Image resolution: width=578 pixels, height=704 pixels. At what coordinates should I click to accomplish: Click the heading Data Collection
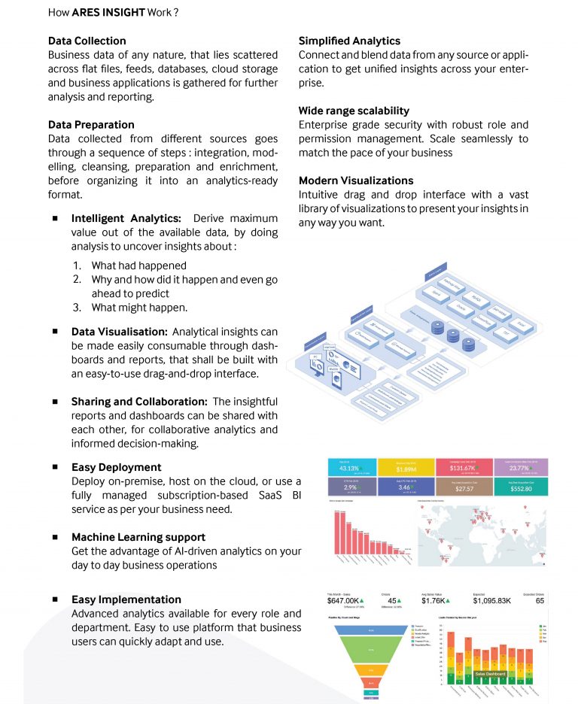click(x=87, y=41)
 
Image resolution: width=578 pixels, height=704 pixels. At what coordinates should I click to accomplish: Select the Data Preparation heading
click(x=91, y=125)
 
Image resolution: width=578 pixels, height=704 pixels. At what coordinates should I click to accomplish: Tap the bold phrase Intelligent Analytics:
click(x=126, y=219)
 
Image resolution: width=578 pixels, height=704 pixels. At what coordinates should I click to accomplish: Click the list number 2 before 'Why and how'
click(x=77, y=280)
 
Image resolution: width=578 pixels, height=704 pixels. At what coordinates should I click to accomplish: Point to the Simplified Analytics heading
click(x=349, y=41)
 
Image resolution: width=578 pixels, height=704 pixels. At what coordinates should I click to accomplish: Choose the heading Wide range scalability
click(x=354, y=111)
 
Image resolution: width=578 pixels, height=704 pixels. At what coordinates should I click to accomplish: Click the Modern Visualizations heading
click(x=356, y=181)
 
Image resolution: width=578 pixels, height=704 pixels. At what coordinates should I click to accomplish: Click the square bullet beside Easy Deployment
click(x=55, y=467)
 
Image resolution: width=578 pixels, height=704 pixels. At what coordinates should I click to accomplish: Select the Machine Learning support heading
click(x=138, y=537)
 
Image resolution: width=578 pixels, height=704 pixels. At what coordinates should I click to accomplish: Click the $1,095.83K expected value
click(x=492, y=600)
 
